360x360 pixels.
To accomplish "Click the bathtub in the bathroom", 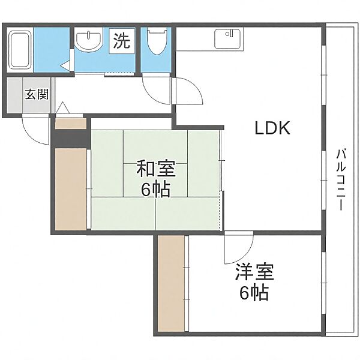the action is point(20,50).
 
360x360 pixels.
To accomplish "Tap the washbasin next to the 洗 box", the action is point(89,41).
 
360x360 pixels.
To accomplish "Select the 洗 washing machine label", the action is point(122,41).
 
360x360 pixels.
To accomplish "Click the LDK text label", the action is point(272,128).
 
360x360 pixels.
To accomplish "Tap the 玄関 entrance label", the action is point(37,94).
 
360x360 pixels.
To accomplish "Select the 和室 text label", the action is point(156,169).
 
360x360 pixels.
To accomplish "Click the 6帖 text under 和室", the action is point(155,190).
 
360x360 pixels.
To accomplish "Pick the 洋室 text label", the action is point(254,272).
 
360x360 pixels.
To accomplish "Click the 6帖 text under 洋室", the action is point(254,293).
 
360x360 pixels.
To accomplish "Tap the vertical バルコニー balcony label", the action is point(341,179).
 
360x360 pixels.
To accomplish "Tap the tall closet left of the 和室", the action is point(71,189).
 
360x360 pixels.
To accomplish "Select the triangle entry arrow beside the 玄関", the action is point(62,107).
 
